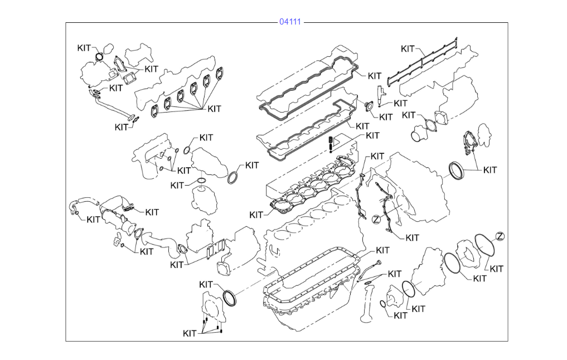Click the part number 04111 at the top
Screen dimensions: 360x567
click(x=290, y=22)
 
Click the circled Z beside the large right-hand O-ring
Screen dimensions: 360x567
click(x=500, y=236)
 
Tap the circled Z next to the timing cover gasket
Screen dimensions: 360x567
click(x=376, y=219)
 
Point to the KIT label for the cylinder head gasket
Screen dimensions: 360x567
click(x=256, y=215)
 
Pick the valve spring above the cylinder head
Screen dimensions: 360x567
click(x=331, y=143)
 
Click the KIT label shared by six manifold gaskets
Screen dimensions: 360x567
click(x=214, y=109)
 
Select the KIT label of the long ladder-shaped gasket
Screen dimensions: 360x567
click(x=408, y=48)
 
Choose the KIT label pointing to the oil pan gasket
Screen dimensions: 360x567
click(x=382, y=250)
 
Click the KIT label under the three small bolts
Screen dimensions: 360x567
click(x=190, y=333)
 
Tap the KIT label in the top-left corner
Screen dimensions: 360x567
click(x=84, y=48)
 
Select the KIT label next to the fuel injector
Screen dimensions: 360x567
click(x=400, y=103)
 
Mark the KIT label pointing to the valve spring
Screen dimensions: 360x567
click(x=372, y=135)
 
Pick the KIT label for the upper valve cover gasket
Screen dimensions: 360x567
click(x=375, y=76)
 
